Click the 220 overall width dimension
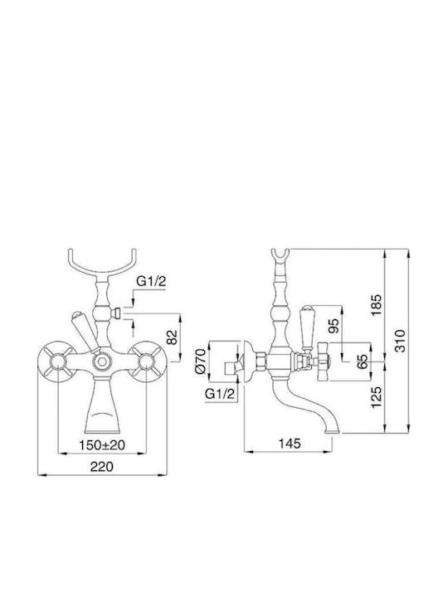coord(102,466)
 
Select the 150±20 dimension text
coord(102,444)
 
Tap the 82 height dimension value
coord(173,337)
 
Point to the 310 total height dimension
coord(399,341)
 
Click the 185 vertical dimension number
coord(377,305)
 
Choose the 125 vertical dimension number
coord(377,397)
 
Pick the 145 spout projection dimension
coord(290,443)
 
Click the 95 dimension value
coord(334,325)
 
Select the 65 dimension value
coord(363,361)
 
